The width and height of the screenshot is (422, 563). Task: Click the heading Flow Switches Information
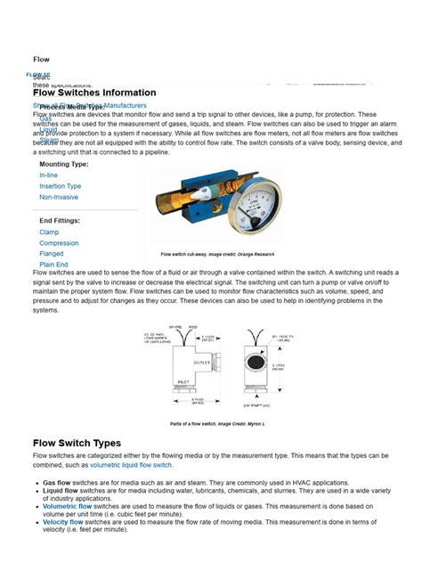pyautogui.click(x=94, y=93)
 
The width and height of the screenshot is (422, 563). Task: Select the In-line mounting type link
pyautogui.click(x=49, y=175)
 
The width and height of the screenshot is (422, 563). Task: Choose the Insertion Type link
pyautogui.click(x=60, y=186)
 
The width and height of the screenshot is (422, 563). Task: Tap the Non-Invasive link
pyautogui.click(x=59, y=197)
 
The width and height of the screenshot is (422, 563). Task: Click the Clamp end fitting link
pyautogui.click(x=49, y=232)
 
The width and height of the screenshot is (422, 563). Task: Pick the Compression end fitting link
pyautogui.click(x=59, y=242)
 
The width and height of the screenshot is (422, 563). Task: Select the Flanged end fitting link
pyautogui.click(x=52, y=253)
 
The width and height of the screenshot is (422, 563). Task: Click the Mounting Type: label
pyautogui.click(x=64, y=164)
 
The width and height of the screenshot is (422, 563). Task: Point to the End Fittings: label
pyautogui.click(x=60, y=219)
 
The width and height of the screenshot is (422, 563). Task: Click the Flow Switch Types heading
pyautogui.click(x=77, y=443)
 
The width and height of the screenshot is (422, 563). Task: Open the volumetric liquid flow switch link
pyautogui.click(x=129, y=465)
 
